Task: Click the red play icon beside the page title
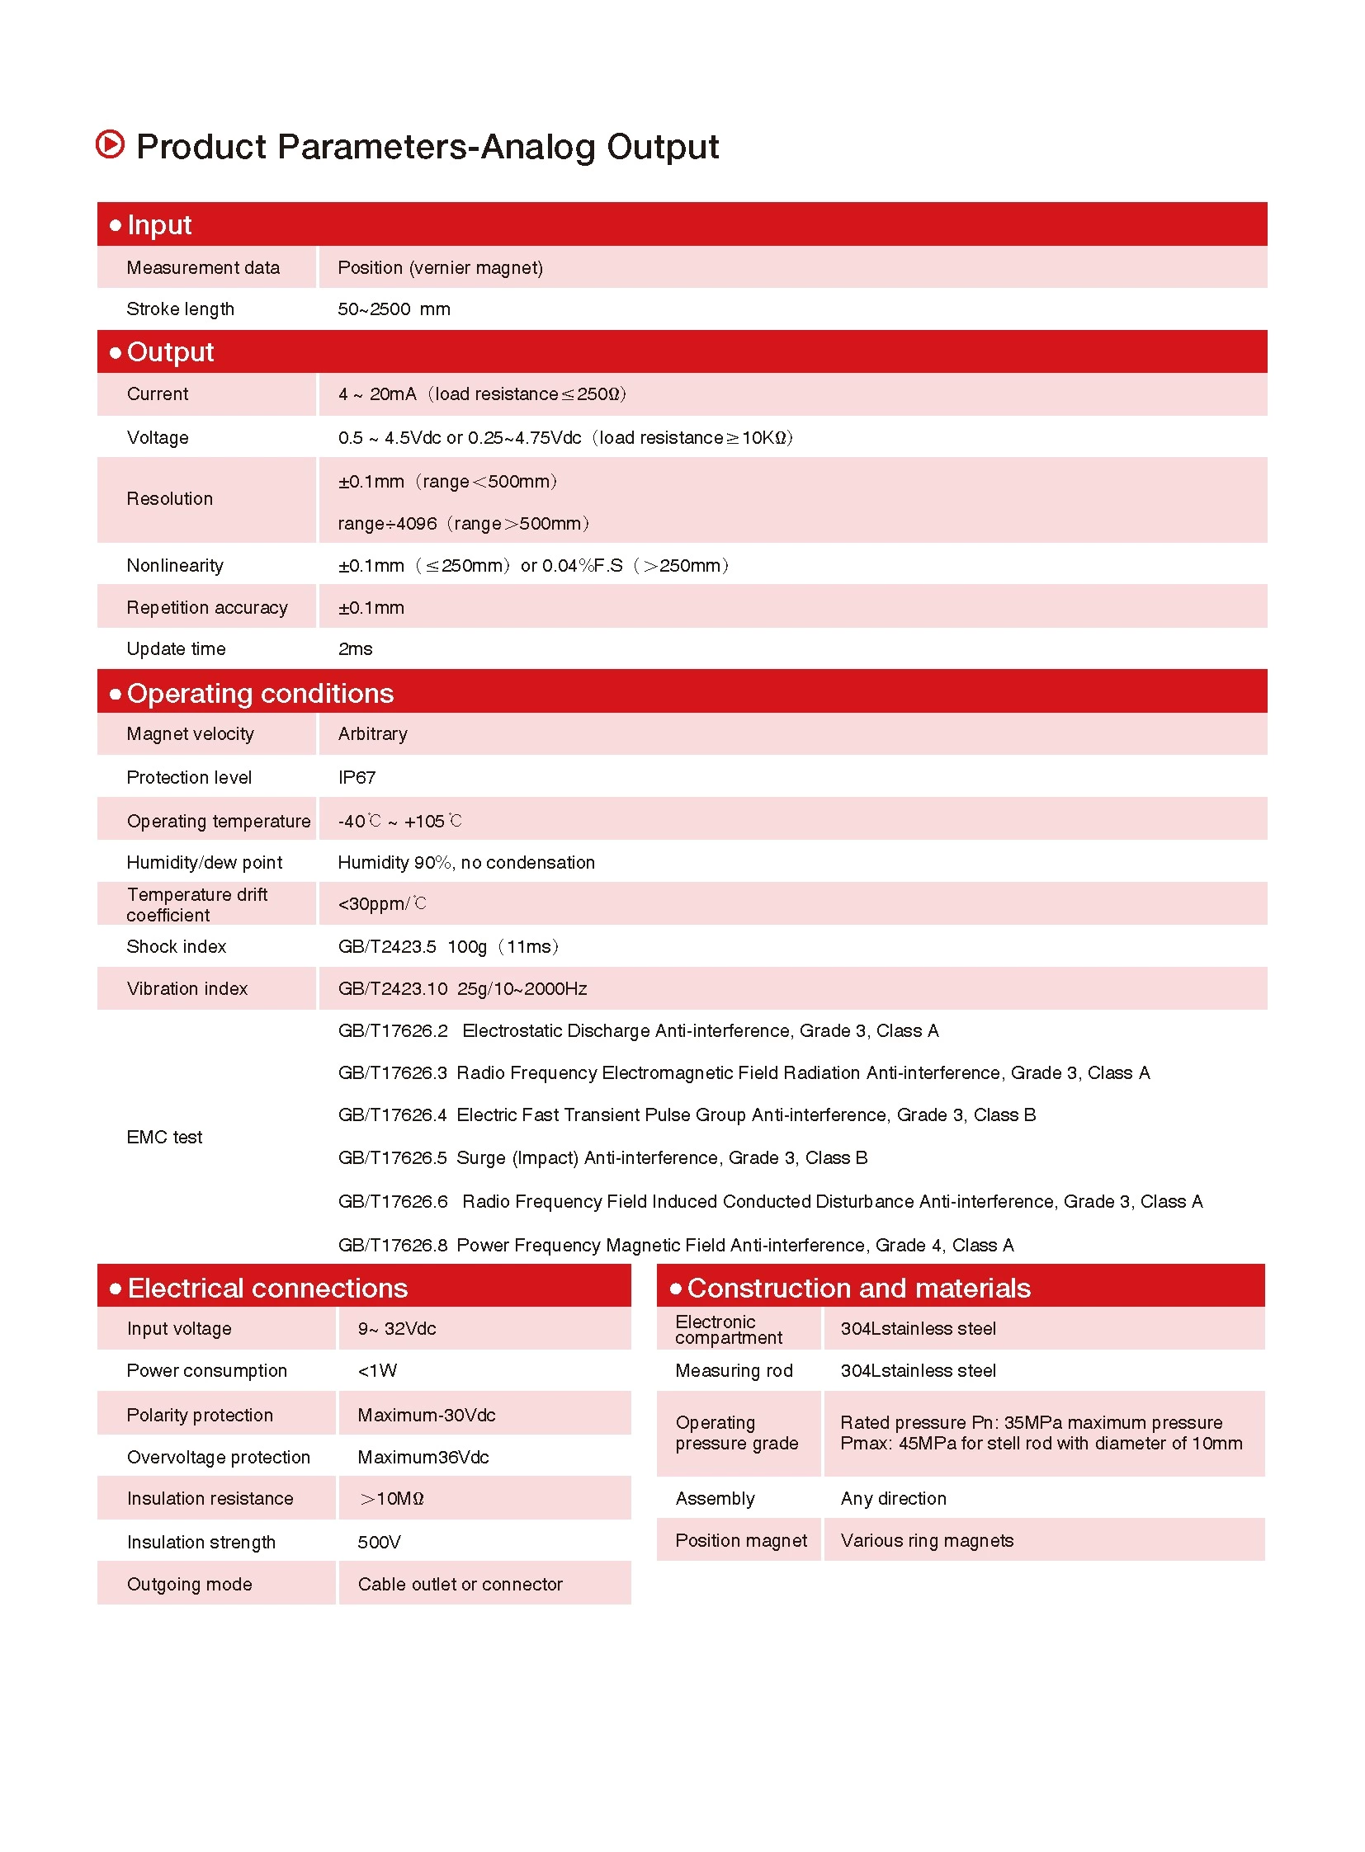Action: [110, 144]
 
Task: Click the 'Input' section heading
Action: [159, 224]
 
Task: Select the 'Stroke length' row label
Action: [180, 309]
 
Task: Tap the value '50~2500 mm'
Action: [394, 309]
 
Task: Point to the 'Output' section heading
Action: [170, 352]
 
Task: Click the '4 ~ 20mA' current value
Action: [377, 394]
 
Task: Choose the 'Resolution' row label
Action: [169, 499]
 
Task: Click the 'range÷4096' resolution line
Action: [387, 524]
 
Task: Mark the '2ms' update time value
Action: [356, 649]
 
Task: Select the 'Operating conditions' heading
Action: [260, 693]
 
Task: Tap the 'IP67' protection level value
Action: [357, 777]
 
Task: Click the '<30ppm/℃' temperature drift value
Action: [382, 903]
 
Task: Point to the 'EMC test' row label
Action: [164, 1138]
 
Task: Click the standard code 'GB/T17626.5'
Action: [393, 1158]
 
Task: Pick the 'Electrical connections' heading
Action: [267, 1288]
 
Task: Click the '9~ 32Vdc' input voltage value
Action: [397, 1328]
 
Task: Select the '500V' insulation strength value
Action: [380, 1542]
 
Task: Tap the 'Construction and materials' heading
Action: [858, 1288]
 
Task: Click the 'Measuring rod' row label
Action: [734, 1370]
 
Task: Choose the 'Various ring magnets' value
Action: [927, 1540]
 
